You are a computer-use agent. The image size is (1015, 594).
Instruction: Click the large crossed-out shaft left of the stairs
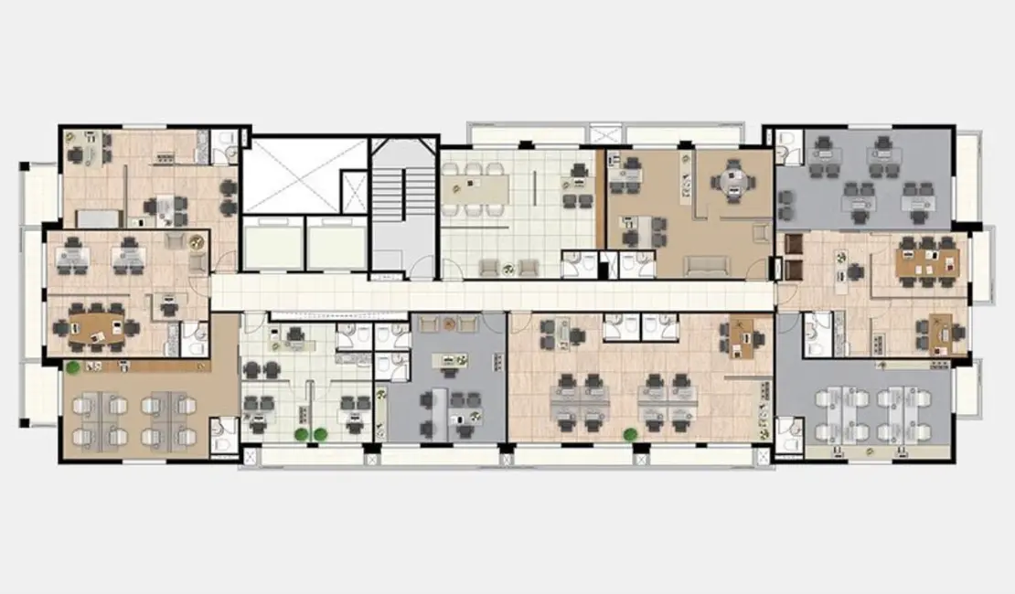[x=290, y=175]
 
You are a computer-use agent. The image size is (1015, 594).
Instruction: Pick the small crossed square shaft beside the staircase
[x=354, y=191]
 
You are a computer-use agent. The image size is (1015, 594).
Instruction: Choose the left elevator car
[x=272, y=247]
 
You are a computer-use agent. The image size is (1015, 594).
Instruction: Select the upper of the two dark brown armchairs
[x=793, y=246]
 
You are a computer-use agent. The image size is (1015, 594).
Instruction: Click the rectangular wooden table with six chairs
[x=926, y=260]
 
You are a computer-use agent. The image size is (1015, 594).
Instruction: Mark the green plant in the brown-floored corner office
[x=71, y=367]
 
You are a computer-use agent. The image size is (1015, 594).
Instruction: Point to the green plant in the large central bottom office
[x=630, y=435]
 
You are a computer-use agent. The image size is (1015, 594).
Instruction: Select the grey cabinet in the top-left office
[x=98, y=218]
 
